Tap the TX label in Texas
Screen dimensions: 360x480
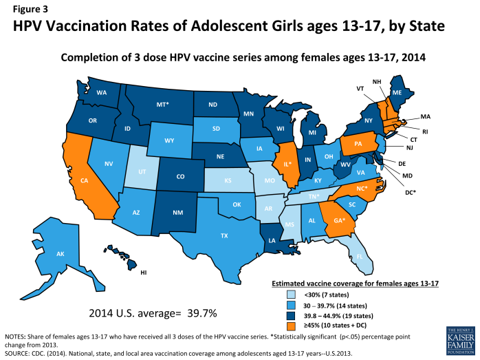[x=224, y=235]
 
